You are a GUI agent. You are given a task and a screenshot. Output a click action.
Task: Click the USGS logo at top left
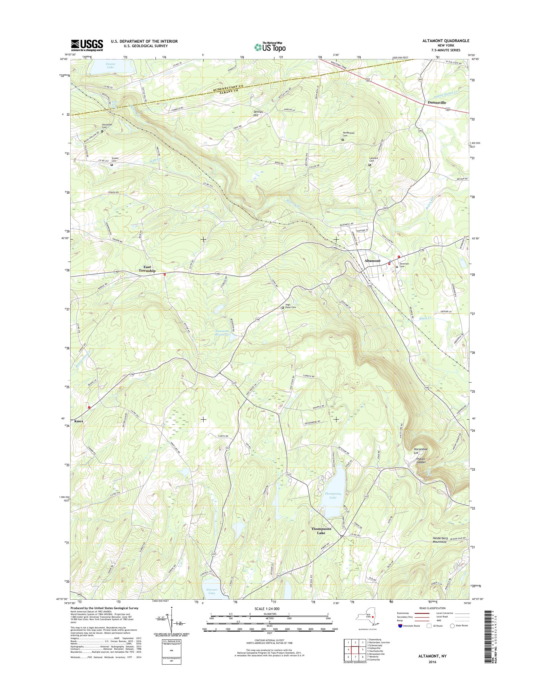[87, 45]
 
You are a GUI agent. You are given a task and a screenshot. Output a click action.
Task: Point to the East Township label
[147, 269]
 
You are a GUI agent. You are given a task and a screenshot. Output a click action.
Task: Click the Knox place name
[79, 421]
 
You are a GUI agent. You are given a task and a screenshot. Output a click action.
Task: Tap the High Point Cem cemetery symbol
[283, 307]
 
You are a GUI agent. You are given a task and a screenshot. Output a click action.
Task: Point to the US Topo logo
[269, 47]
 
